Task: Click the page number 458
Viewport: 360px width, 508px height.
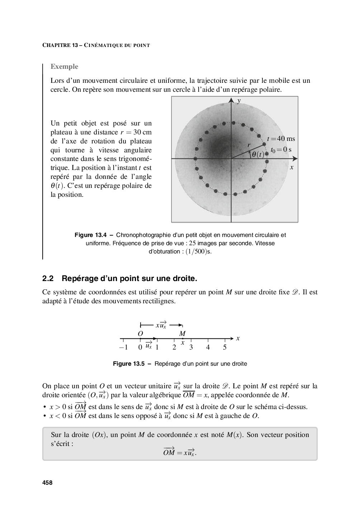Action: click(x=47, y=483)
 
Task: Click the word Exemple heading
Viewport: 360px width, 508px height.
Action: click(x=64, y=67)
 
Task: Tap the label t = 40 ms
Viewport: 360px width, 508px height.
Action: click(x=281, y=139)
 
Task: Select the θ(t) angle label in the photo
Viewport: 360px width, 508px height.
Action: click(x=257, y=155)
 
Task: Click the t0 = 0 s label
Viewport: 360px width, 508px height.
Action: click(x=281, y=149)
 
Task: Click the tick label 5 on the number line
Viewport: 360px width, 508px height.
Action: click(x=225, y=347)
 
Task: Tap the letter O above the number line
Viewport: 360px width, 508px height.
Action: click(x=140, y=333)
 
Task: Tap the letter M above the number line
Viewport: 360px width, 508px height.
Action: click(x=182, y=333)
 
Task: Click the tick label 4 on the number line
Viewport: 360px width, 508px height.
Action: click(x=208, y=347)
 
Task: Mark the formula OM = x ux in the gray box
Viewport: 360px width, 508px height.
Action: click(x=180, y=452)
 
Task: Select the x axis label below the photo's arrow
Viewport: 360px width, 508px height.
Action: click(x=292, y=167)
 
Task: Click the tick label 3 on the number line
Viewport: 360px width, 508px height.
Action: click(x=191, y=347)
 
